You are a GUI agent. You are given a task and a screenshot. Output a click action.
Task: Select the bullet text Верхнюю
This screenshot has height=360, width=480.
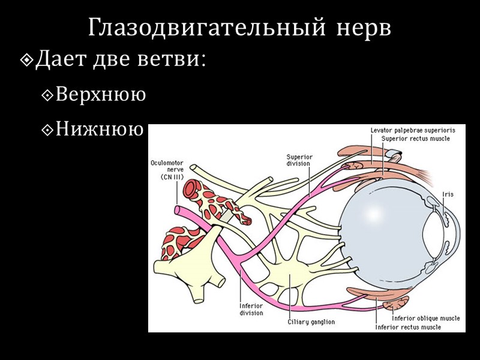100,95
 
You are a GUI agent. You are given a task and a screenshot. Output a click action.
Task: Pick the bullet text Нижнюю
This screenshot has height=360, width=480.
100,128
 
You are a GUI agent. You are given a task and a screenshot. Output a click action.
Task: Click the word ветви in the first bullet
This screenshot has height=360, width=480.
175,61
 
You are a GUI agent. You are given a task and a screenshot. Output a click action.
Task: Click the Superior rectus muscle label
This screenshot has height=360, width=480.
415,138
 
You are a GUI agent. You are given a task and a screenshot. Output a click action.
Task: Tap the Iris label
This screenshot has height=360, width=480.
447,194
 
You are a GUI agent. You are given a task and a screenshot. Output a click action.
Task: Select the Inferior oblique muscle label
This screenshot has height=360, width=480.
425,319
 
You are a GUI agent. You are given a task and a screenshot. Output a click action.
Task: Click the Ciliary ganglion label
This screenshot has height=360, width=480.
310,322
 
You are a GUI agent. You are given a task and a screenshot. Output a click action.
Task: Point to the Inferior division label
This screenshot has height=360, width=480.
251,309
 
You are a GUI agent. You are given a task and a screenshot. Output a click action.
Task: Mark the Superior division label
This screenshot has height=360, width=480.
298,160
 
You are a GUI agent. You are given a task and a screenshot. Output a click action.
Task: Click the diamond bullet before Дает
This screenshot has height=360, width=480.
28,61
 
